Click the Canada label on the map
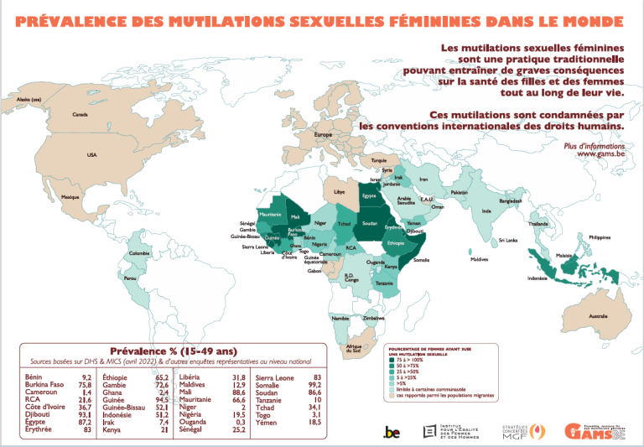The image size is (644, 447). pos(80,114)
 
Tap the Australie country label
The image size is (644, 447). pos(598,315)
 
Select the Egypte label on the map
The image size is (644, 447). pos(370,196)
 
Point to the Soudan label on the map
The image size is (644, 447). pos(370,223)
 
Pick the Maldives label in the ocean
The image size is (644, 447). pos(479,259)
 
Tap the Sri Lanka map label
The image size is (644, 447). pos(508,240)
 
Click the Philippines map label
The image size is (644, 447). pos(600,237)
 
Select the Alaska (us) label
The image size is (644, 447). pos(29,101)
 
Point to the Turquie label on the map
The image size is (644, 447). pos(379,159)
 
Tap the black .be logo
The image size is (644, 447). pos(392,431)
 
